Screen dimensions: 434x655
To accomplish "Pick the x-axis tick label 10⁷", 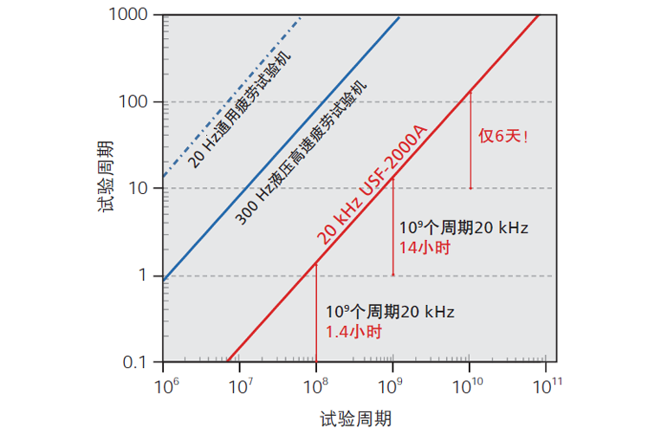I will click(x=239, y=384).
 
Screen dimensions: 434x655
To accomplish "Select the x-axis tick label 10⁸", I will click(x=316, y=384).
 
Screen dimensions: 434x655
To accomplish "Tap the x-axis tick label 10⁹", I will click(x=392, y=384).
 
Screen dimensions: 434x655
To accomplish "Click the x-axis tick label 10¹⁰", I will click(x=469, y=384).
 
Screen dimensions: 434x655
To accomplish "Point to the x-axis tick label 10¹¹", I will click(x=545, y=384).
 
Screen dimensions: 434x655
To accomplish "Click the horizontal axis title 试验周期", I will click(x=354, y=418).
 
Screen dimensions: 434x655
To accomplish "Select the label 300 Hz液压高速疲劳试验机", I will click(x=303, y=152).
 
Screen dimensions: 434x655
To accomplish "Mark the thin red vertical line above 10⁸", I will click(x=316, y=312).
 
